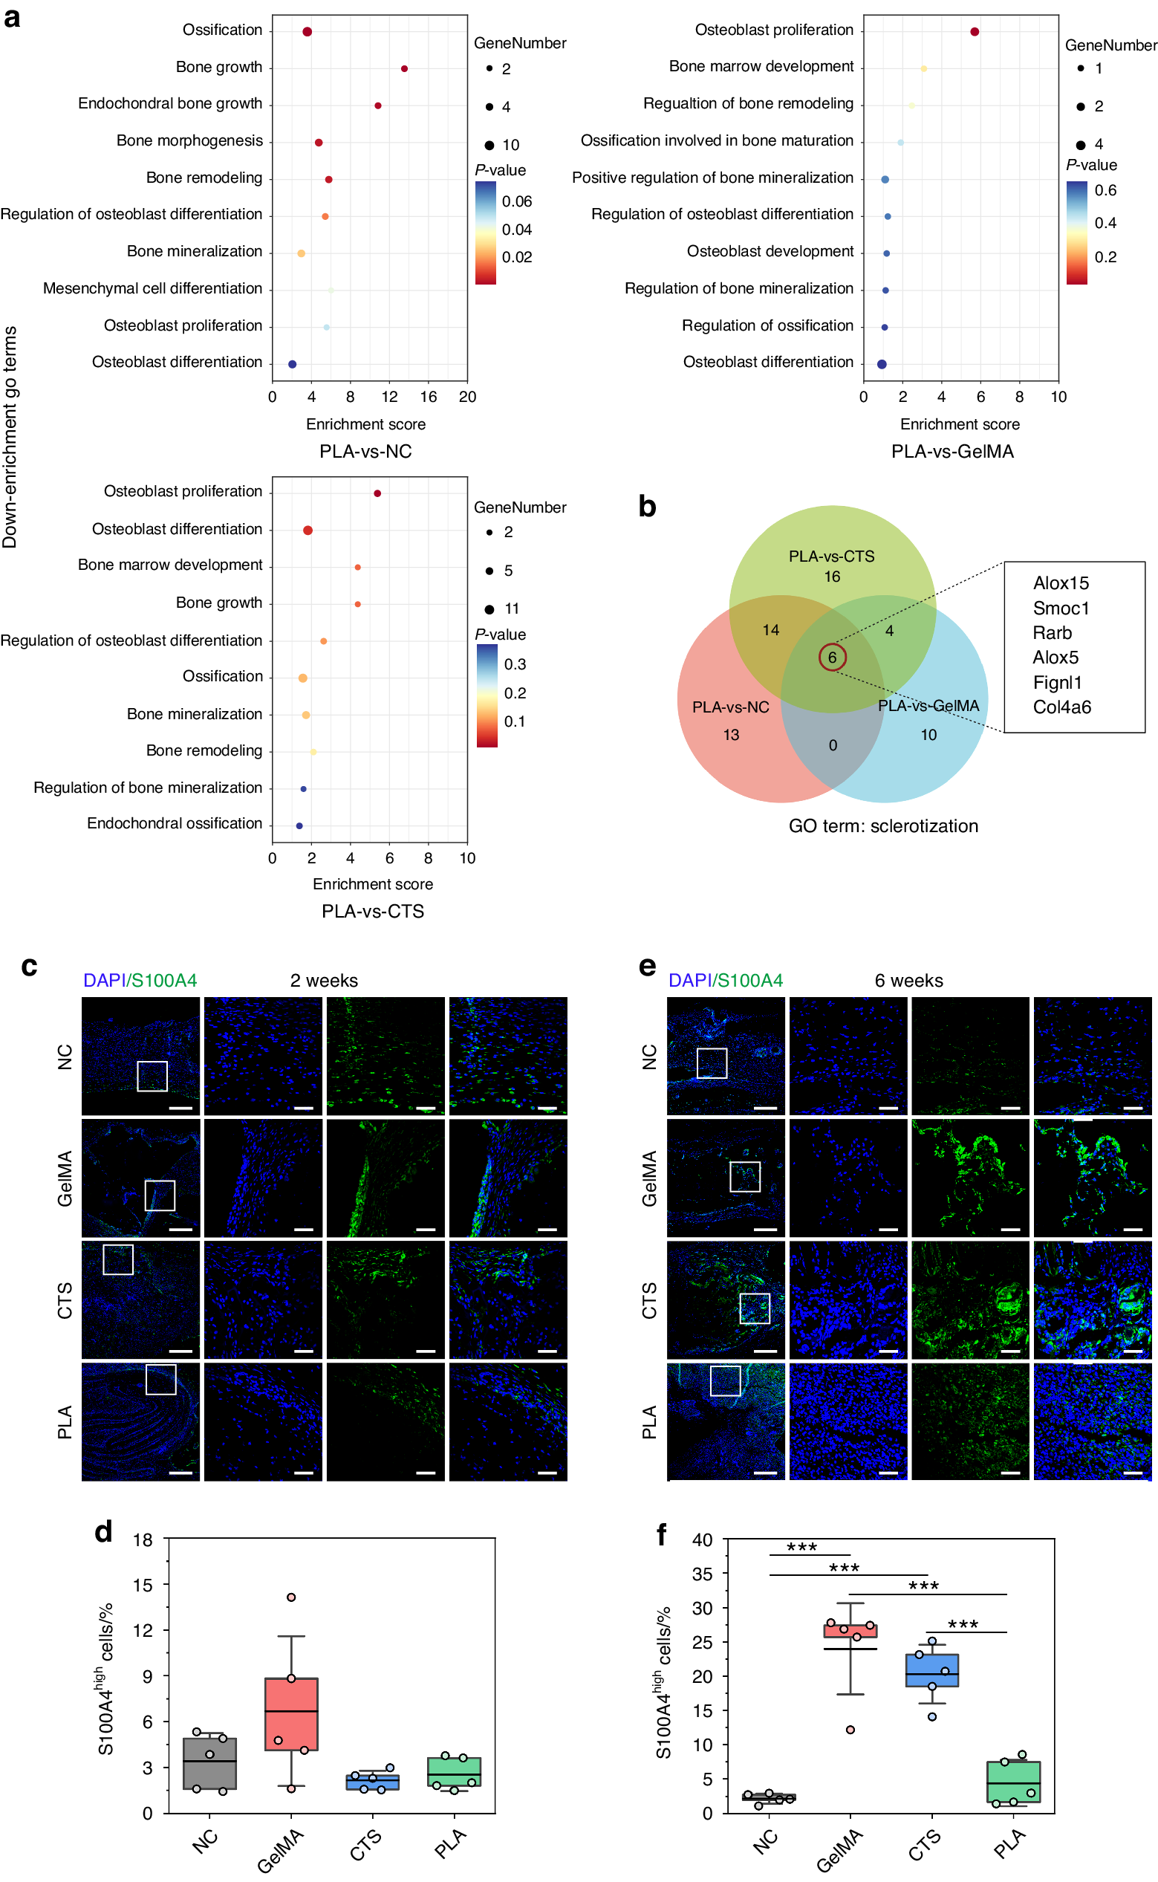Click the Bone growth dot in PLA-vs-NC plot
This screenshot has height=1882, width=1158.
[x=404, y=69]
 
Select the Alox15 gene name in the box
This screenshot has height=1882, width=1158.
[x=1061, y=583]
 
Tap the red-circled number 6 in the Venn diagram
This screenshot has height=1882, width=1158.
[x=832, y=658]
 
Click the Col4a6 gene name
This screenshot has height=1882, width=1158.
[x=1061, y=707]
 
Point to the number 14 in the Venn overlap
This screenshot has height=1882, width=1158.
[x=770, y=629]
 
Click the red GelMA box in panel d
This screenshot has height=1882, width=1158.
[x=291, y=1713]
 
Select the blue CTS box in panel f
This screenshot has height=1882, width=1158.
[x=931, y=1670]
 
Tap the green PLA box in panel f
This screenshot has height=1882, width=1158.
[x=1013, y=1782]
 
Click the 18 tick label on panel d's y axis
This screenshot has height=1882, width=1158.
[x=143, y=1539]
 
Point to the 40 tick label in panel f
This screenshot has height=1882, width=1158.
[x=703, y=1539]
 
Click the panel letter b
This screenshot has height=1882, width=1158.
[x=647, y=506]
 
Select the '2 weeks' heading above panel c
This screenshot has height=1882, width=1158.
[x=324, y=981]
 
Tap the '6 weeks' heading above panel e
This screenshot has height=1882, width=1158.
[x=908, y=981]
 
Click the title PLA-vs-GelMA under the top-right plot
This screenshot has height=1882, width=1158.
[x=952, y=451]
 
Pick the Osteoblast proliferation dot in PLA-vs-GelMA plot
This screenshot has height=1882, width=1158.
[x=975, y=31]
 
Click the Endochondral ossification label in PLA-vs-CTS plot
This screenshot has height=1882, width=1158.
[x=175, y=823]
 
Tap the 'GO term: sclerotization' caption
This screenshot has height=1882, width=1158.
[x=883, y=825]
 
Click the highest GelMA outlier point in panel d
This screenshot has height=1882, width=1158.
[x=291, y=1597]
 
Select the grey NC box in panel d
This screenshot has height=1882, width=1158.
[x=210, y=1763]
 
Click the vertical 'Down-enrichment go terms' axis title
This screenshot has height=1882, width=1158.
[x=10, y=437]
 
